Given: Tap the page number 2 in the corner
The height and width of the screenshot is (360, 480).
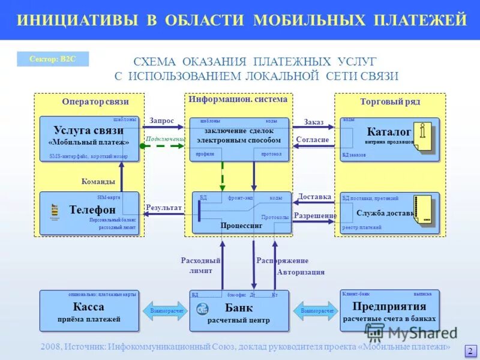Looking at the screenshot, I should click(x=470, y=351).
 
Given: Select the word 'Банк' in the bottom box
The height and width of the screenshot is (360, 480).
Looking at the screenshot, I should click(x=239, y=308).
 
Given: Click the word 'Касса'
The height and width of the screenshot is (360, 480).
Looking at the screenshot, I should click(x=89, y=307).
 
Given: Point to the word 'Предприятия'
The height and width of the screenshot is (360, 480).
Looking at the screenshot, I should click(x=389, y=306).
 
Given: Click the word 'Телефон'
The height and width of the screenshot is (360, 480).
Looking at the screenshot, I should click(x=92, y=209).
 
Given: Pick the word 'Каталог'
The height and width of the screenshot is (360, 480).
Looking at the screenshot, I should click(x=389, y=131).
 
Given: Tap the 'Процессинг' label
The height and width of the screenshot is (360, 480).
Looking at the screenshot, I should click(x=241, y=227).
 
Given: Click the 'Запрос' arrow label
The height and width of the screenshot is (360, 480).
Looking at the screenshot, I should click(x=161, y=121).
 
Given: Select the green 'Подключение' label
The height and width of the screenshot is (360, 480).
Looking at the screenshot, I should click(x=165, y=139).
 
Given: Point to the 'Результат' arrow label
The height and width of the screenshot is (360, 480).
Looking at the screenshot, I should click(x=163, y=208).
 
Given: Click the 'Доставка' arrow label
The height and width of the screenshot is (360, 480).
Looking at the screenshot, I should click(x=314, y=196).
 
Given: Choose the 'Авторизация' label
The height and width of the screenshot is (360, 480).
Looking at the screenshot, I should click(x=301, y=272).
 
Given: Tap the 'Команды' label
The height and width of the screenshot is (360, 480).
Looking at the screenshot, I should click(x=98, y=181).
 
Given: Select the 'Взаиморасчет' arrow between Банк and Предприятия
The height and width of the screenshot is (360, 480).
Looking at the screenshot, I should click(x=315, y=311).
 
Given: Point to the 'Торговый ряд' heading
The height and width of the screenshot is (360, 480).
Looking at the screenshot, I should click(x=390, y=102).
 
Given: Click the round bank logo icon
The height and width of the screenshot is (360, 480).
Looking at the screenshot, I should click(x=202, y=309).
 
